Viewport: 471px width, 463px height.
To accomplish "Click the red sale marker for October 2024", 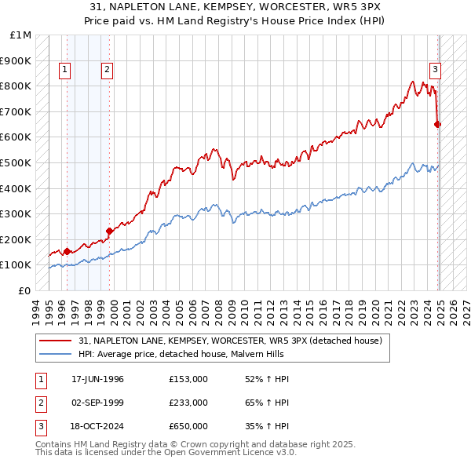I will click(437, 124).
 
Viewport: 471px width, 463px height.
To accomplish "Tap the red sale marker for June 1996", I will click(67, 251).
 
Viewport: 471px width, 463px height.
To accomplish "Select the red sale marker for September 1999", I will click(109, 231).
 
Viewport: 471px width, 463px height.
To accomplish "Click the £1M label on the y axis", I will click(21, 35).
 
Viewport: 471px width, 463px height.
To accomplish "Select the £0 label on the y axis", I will click(24, 290).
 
